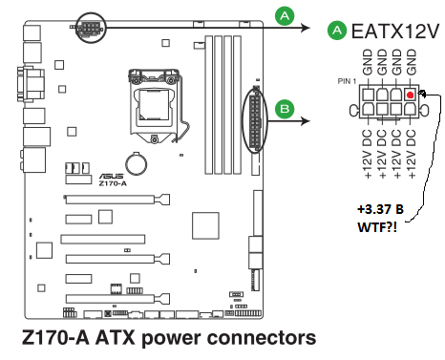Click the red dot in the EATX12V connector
[411, 95]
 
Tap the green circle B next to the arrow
[285, 109]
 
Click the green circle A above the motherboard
[285, 16]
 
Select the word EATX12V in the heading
[394, 32]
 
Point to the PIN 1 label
[347, 81]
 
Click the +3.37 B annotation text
[380, 209]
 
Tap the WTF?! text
[377, 227]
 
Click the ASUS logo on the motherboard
[111, 176]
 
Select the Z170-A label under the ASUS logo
[113, 183]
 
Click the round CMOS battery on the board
[137, 164]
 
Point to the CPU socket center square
[152, 105]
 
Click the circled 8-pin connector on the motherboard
[91, 29]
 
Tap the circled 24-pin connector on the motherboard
[255, 122]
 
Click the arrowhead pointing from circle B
[306, 121]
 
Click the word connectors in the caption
[262, 338]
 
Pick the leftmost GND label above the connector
[368, 62]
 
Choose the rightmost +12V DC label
[412, 154]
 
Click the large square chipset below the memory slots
[205, 225]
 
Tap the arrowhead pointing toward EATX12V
[306, 29]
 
